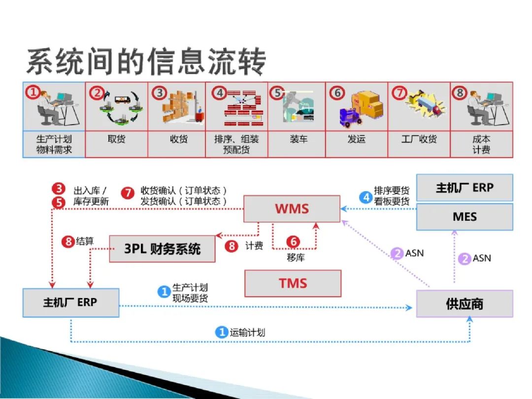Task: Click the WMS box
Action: [292, 208]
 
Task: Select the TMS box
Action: [293, 283]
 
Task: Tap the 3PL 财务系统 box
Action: [162, 248]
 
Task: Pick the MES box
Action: [465, 217]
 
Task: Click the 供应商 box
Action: [465, 303]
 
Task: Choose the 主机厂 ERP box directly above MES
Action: [465, 188]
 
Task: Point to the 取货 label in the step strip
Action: [116, 139]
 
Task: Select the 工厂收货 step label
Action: [419, 139]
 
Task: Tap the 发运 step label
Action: [356, 139]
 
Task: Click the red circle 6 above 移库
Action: [293, 242]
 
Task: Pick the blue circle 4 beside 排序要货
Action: [366, 198]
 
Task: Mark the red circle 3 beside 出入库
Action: [59, 189]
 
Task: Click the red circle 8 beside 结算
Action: [68, 242]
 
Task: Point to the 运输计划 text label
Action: [247, 332]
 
